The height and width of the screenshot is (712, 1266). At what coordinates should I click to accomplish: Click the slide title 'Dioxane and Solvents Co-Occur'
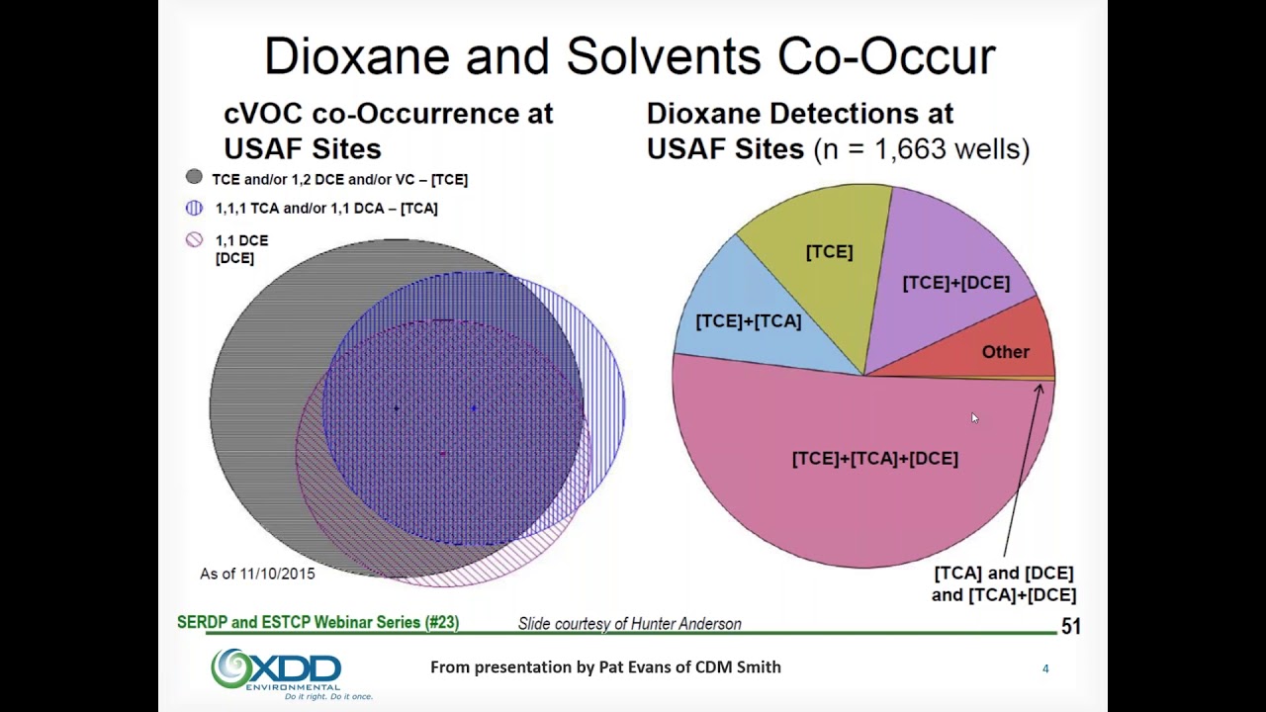(x=629, y=56)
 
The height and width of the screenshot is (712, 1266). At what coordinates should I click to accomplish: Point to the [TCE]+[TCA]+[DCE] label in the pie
(x=874, y=459)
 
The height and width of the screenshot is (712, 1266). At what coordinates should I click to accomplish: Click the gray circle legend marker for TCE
(x=194, y=177)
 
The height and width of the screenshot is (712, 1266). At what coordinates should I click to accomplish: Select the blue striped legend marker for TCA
(x=194, y=208)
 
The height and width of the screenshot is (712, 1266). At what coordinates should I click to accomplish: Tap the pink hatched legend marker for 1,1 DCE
(x=194, y=239)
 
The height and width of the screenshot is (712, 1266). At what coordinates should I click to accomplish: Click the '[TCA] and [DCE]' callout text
(x=1003, y=574)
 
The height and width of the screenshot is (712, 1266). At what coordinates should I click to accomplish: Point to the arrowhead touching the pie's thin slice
(x=1039, y=389)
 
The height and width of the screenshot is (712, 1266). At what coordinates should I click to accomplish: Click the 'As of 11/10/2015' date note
(x=257, y=574)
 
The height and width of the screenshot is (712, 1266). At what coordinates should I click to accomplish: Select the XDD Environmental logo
(x=276, y=671)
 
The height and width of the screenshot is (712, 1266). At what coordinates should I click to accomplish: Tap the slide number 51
(x=1070, y=626)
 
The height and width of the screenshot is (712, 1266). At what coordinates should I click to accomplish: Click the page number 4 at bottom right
(x=1045, y=669)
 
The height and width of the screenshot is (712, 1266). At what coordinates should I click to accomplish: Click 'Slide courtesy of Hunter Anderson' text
(x=629, y=624)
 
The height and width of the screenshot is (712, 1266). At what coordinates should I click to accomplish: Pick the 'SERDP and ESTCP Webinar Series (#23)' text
(x=317, y=622)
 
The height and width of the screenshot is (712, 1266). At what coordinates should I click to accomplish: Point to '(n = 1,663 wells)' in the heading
(x=921, y=149)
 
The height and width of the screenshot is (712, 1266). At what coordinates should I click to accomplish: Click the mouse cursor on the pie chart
(x=974, y=418)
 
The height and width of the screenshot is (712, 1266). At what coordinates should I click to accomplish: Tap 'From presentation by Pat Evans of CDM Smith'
(x=605, y=667)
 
